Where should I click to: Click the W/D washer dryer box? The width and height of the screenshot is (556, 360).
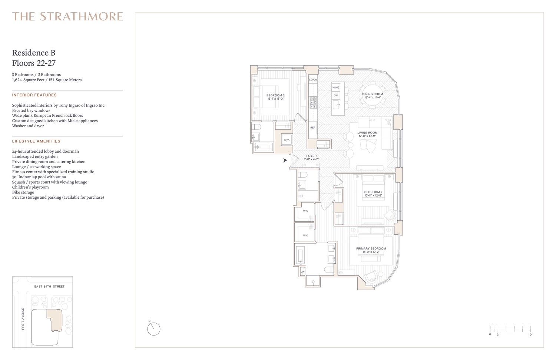[x=287, y=140]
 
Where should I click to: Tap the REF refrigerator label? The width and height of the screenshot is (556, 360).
[x=313, y=128]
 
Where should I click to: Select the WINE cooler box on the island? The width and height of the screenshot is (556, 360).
[x=335, y=87]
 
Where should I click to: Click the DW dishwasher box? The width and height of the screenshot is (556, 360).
[x=335, y=96]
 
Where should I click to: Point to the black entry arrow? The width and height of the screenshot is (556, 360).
[x=285, y=161]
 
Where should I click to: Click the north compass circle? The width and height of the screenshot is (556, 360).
[x=154, y=329]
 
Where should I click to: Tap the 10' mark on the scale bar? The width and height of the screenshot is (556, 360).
[x=530, y=335]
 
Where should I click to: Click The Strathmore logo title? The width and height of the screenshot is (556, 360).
[x=67, y=16]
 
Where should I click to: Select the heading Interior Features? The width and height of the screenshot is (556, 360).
[x=34, y=95]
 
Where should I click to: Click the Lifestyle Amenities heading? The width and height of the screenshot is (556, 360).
[x=36, y=141]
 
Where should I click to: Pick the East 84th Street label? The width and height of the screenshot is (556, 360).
[x=49, y=287]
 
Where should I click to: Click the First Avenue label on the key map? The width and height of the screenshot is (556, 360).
[x=23, y=319]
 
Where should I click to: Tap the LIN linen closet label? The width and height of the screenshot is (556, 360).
[x=302, y=272]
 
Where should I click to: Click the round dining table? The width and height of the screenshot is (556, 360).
[x=373, y=95]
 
